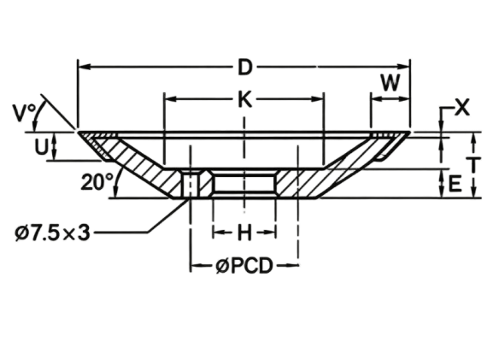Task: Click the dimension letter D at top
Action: pos(245,68)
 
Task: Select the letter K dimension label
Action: pos(245,100)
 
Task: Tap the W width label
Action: pos(390,82)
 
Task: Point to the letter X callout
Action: pos(461,108)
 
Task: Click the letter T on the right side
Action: pos(474,165)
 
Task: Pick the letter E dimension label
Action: pos(455,184)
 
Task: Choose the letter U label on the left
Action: pos(41,147)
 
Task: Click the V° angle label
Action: pos(24,113)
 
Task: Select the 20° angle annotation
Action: pos(97,182)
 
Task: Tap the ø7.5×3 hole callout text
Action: pos(52,233)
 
